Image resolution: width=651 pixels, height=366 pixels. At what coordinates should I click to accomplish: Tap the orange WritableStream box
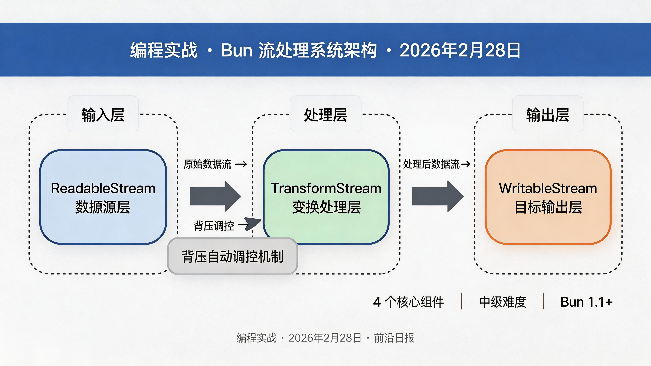pyautogui.click(x=548, y=197)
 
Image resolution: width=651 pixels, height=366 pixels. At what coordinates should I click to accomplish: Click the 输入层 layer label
pyautogui.click(x=103, y=115)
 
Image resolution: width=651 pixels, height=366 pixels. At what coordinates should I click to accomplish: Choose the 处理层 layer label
pyautogui.click(x=325, y=115)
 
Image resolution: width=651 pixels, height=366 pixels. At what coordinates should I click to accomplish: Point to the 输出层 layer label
pyautogui.click(x=548, y=115)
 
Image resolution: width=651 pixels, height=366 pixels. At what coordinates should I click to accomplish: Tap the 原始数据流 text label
pyautogui.click(x=207, y=164)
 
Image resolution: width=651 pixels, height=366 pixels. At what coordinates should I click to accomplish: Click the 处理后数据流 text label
pyautogui.click(x=431, y=164)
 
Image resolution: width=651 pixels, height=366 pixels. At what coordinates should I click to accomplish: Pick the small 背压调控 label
pyautogui.click(x=214, y=226)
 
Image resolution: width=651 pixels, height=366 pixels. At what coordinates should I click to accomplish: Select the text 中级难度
pyautogui.click(x=502, y=302)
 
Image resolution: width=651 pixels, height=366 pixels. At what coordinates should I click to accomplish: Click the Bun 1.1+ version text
pyautogui.click(x=586, y=302)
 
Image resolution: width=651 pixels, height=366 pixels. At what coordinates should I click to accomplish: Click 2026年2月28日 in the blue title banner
pyautogui.click(x=460, y=50)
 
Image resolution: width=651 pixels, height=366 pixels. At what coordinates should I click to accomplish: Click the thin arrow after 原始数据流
pyautogui.click(x=241, y=164)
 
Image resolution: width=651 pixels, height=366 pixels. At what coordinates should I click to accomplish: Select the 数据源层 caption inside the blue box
pyautogui.click(x=103, y=207)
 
